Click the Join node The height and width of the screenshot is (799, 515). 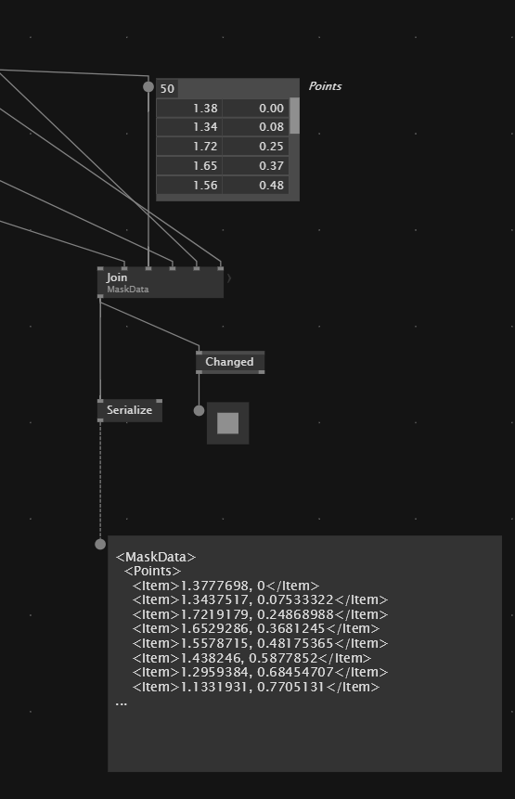pyautogui.click(x=161, y=282)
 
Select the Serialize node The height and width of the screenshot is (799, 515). pyautogui.click(x=130, y=410)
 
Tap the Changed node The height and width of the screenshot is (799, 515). pyautogui.click(x=230, y=362)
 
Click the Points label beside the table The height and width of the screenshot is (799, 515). pyautogui.click(x=325, y=86)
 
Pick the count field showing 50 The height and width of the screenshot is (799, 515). pyautogui.click(x=167, y=89)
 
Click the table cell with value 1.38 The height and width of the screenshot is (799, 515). pyautogui.click(x=189, y=108)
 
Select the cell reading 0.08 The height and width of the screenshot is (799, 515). pyautogui.click(x=256, y=127)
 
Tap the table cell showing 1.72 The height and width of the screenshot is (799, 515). pyautogui.click(x=189, y=147)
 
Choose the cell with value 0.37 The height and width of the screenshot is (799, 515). pyautogui.click(x=256, y=165)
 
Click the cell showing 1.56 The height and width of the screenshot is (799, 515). pyautogui.click(x=189, y=185)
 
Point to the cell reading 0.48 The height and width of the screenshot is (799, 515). pyautogui.click(x=256, y=185)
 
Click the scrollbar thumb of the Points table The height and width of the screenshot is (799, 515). pyautogui.click(x=294, y=116)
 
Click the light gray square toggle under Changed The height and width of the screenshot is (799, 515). pyautogui.click(x=227, y=423)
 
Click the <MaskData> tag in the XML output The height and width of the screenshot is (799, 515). pyautogui.click(x=156, y=557)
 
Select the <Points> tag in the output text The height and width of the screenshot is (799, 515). pyautogui.click(x=153, y=571)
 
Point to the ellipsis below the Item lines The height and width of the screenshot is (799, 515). pyautogui.click(x=122, y=703)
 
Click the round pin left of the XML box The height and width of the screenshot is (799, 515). pyautogui.click(x=100, y=544)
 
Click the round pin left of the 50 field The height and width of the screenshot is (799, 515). pyautogui.click(x=148, y=86)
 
